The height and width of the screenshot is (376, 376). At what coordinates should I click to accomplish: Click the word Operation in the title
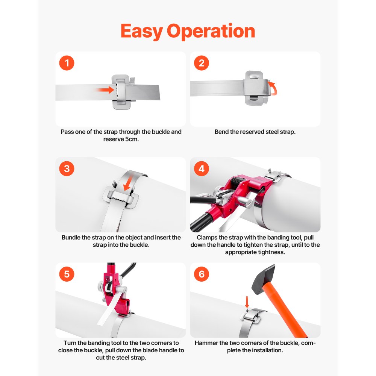[211, 32]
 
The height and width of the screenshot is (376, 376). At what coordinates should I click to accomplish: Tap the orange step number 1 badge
[67, 63]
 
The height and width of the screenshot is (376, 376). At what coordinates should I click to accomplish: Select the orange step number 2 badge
[202, 63]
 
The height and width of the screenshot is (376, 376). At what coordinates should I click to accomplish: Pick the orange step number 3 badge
[67, 169]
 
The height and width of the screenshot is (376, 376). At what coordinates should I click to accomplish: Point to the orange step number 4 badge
[202, 169]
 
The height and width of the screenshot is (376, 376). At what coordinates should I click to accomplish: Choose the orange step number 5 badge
[67, 274]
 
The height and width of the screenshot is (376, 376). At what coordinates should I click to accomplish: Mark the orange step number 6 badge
[202, 274]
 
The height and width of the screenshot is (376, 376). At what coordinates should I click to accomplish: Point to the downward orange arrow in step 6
[247, 302]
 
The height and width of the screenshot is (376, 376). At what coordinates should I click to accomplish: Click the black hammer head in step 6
[264, 279]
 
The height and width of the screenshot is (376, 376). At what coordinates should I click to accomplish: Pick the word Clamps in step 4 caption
[208, 238]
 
